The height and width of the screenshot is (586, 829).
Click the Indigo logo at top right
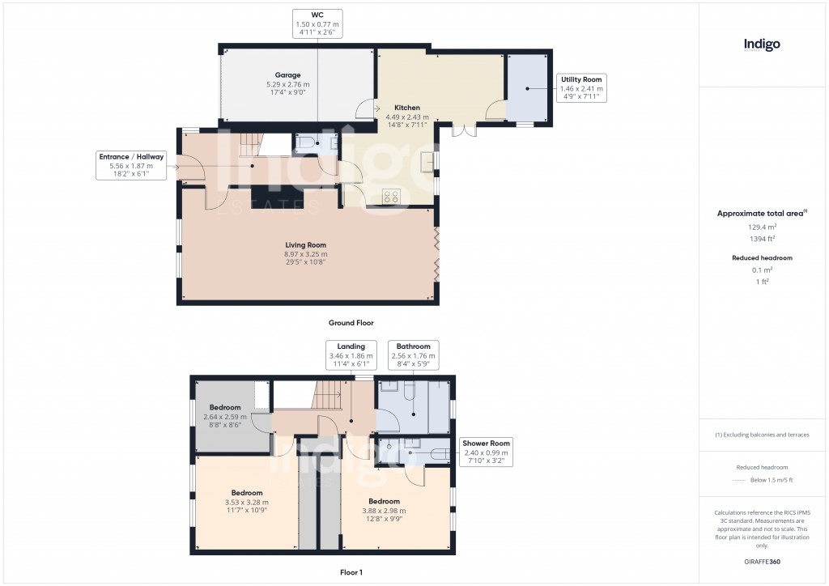(762, 45)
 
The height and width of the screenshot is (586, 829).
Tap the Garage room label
(287, 84)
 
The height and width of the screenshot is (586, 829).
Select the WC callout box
(317, 24)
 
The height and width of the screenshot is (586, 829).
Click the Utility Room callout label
(582, 87)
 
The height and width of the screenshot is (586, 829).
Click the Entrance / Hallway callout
(131, 165)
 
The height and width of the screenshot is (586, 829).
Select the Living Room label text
(305, 253)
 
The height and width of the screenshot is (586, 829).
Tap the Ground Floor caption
(351, 323)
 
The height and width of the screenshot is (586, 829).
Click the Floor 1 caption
(351, 571)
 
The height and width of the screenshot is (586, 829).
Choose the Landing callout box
(351, 355)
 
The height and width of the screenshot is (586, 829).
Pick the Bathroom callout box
(413, 355)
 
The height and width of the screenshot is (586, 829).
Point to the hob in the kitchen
(391, 195)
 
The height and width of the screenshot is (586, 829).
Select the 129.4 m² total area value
(761, 227)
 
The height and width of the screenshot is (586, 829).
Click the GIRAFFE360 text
(761, 561)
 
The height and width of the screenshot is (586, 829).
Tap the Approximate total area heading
(761, 214)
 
